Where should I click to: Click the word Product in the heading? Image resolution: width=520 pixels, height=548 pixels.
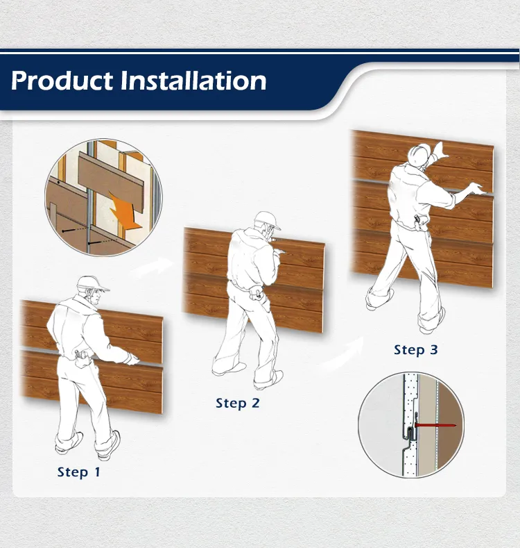(x=62, y=81)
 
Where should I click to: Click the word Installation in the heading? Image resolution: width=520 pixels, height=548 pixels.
(x=193, y=81)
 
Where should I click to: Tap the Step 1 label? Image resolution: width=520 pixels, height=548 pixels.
(x=79, y=472)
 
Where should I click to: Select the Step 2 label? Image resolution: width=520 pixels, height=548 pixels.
(x=238, y=403)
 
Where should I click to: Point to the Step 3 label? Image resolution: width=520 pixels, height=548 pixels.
(x=415, y=350)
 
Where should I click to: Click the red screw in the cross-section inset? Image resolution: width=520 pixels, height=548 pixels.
(x=435, y=425)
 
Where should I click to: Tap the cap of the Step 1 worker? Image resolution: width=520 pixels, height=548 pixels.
(x=92, y=283)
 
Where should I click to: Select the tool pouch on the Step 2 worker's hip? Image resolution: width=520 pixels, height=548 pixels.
(x=257, y=292)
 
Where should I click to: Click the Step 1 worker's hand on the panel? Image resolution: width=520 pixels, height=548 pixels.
(x=132, y=359)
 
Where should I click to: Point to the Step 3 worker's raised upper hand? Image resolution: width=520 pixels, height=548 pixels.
(x=440, y=149)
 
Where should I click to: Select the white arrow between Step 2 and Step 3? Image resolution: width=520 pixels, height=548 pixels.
(x=345, y=354)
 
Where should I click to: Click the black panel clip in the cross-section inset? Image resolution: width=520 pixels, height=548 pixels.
(x=411, y=429)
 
